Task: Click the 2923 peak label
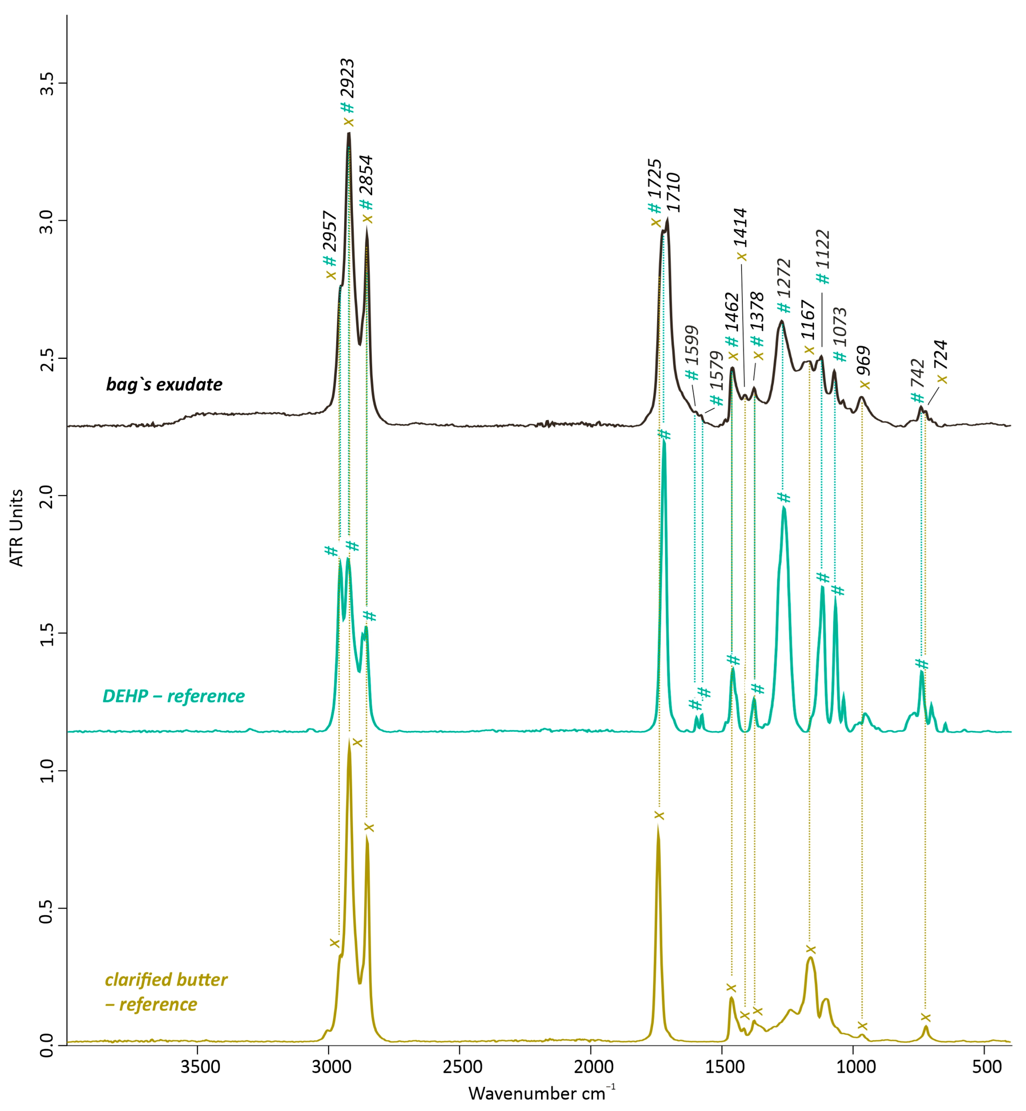coord(348,78)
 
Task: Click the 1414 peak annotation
coord(741,228)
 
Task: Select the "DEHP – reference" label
coord(173,696)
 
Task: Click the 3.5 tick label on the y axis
coord(48,83)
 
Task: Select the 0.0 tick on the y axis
coord(48,1046)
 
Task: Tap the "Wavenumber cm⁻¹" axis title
coord(541,1093)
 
